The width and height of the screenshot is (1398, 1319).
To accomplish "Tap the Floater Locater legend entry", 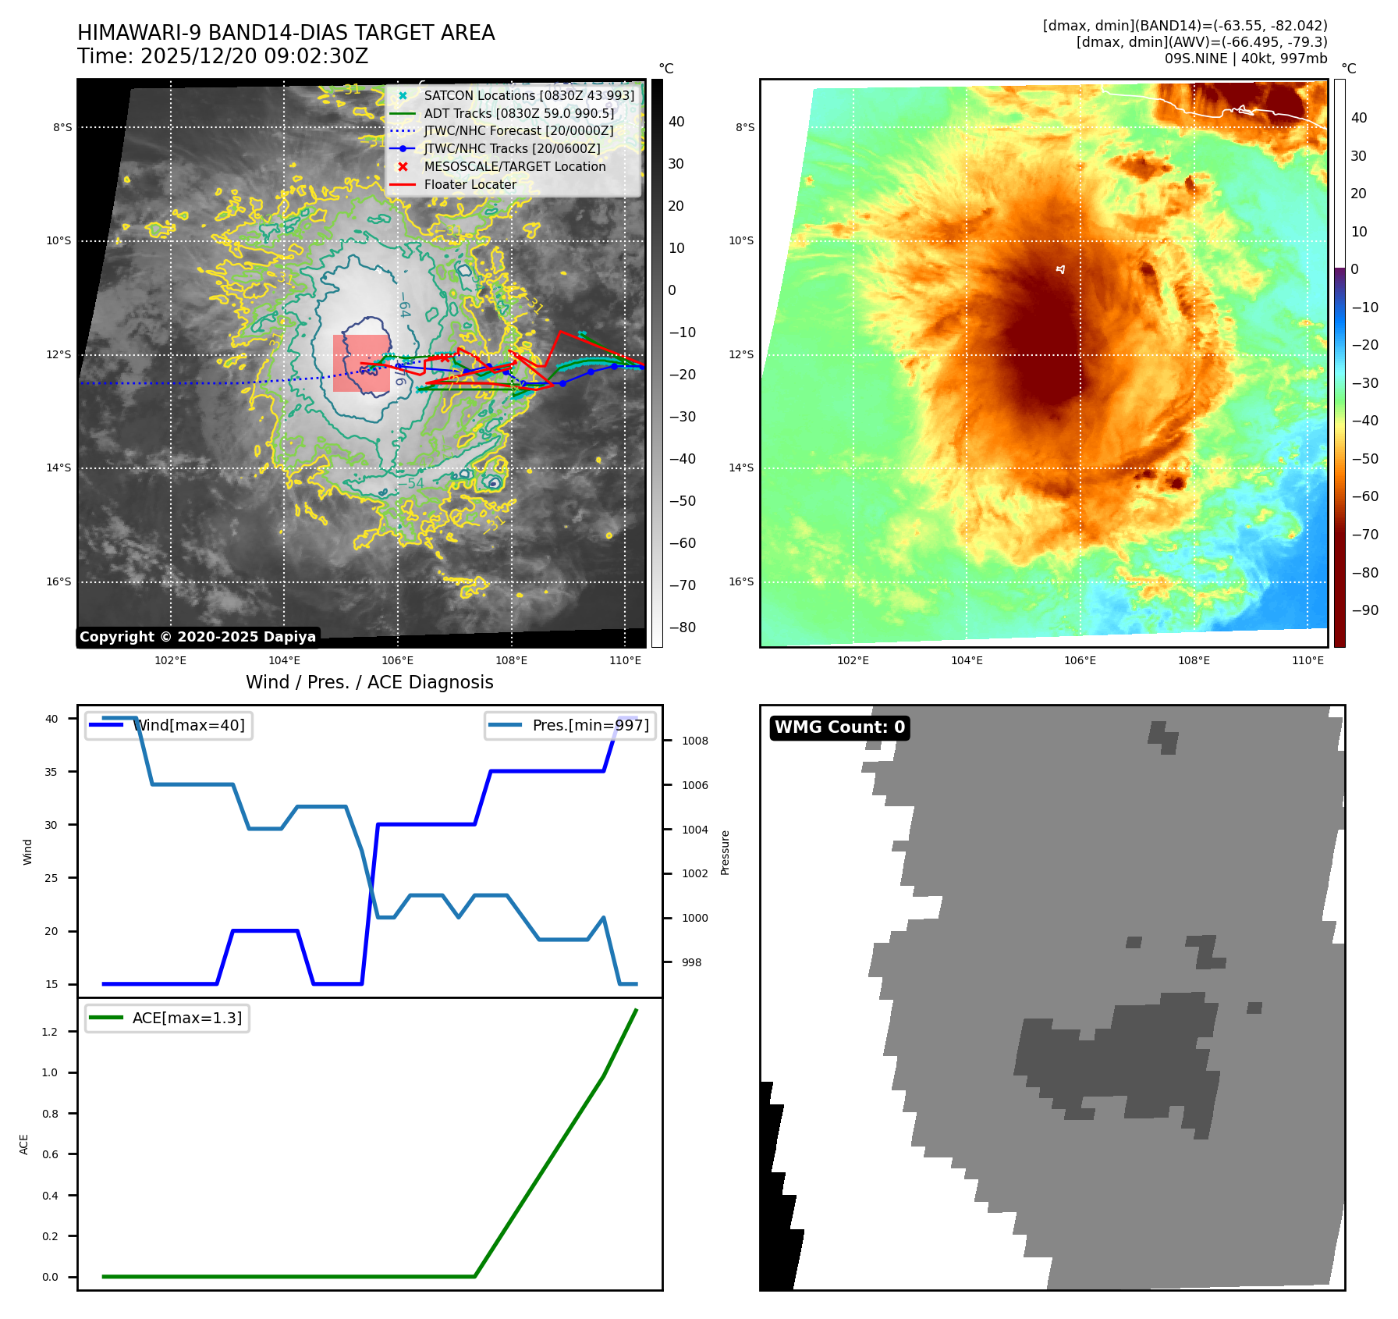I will [x=470, y=184].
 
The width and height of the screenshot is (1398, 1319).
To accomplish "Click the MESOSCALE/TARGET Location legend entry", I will [x=514, y=166].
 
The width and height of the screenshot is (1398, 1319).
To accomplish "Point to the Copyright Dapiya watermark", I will [x=197, y=637].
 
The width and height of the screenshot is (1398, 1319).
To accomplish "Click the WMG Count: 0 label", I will [x=839, y=727].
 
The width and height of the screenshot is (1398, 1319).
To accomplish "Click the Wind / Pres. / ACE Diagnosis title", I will [x=369, y=682].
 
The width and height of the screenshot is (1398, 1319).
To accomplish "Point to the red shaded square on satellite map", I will [x=361, y=363].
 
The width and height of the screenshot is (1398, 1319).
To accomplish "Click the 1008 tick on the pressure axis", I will [x=694, y=741].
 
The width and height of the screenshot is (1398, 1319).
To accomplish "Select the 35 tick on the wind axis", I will [x=51, y=772].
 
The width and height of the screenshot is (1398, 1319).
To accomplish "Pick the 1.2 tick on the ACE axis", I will [x=50, y=1032].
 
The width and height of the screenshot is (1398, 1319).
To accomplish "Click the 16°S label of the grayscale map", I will [x=59, y=581].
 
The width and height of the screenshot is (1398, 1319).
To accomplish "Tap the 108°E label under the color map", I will [x=1194, y=660].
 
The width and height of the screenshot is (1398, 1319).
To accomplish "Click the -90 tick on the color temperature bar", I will [x=1364, y=610].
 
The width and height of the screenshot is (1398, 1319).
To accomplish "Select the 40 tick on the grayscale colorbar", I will [x=676, y=122].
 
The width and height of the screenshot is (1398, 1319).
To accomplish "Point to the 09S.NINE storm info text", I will [x=1245, y=59].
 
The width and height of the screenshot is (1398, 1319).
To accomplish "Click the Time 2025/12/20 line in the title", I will [x=222, y=56].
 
